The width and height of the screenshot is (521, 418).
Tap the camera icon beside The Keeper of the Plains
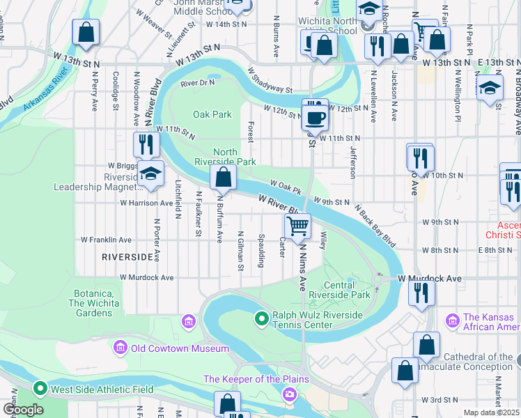pos(289,395)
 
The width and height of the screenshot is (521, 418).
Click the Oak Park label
pos(212,114)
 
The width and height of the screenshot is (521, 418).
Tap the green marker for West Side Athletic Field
pos(40,388)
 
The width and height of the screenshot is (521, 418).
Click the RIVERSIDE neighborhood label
pos(127,257)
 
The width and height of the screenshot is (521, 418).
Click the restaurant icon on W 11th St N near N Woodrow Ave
pos(146,144)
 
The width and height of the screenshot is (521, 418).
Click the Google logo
pos(22,410)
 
